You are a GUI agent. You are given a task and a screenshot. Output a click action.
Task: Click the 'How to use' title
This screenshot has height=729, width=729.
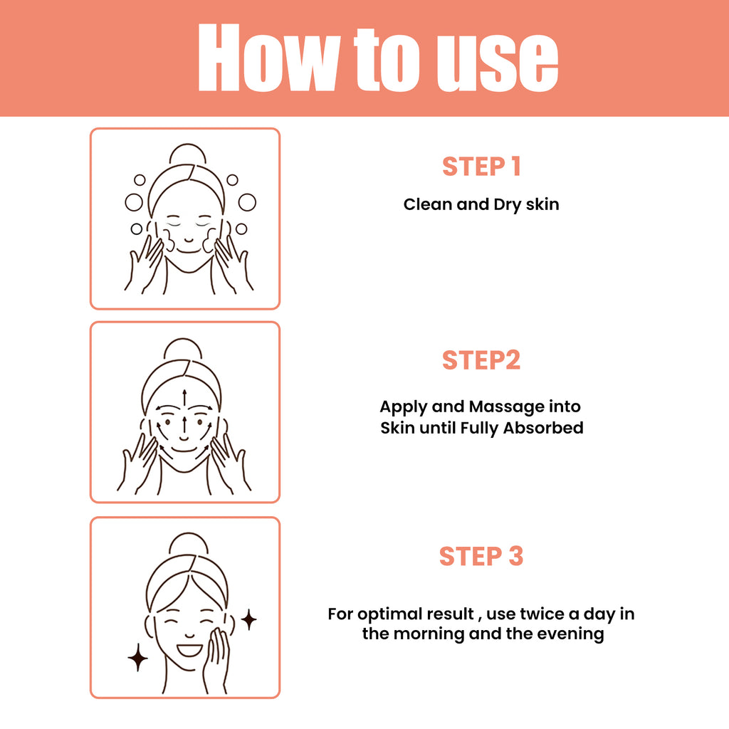click(377, 57)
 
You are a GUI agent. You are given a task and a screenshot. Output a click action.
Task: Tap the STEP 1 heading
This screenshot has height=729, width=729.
click(481, 167)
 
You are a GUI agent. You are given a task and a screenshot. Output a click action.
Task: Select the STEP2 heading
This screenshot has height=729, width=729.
click(481, 360)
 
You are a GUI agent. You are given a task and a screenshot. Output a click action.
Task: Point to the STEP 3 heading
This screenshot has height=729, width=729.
click(481, 556)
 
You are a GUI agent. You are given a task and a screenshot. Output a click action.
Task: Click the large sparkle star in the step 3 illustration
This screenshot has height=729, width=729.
click(137, 657)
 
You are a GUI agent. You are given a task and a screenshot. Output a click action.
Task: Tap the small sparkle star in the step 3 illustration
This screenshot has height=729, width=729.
click(249, 620)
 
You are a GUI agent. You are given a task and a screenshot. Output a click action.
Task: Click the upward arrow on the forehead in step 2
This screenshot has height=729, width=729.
click(184, 398)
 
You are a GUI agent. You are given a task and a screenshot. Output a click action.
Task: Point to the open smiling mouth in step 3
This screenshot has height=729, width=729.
click(189, 649)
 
